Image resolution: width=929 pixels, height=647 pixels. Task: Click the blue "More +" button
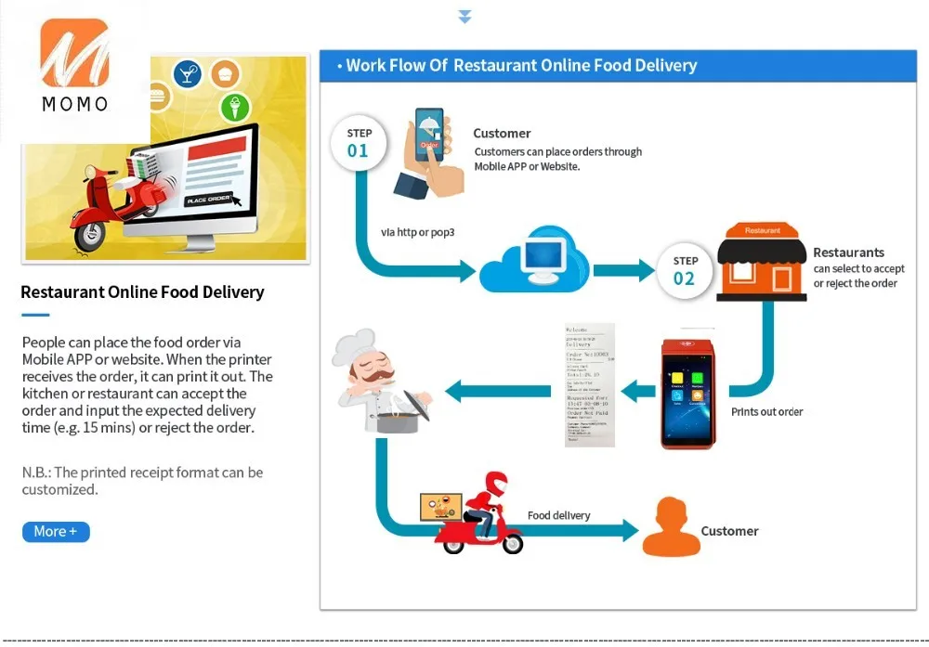(x=56, y=532)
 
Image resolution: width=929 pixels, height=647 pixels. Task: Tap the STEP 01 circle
(x=358, y=142)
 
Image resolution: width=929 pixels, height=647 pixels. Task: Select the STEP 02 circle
(x=684, y=270)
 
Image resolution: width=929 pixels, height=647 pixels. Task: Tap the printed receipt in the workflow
(x=590, y=385)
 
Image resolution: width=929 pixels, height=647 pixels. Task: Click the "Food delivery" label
(x=558, y=515)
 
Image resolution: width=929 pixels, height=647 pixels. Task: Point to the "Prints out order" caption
(x=766, y=411)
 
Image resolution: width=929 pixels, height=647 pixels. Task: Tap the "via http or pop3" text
(x=418, y=232)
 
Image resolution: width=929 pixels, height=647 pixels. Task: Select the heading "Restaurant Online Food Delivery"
(x=142, y=292)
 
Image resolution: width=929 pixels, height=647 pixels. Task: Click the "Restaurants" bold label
(x=848, y=252)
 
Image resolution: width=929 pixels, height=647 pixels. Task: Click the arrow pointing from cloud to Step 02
(x=624, y=270)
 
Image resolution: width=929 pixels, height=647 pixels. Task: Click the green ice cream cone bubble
(x=235, y=107)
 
